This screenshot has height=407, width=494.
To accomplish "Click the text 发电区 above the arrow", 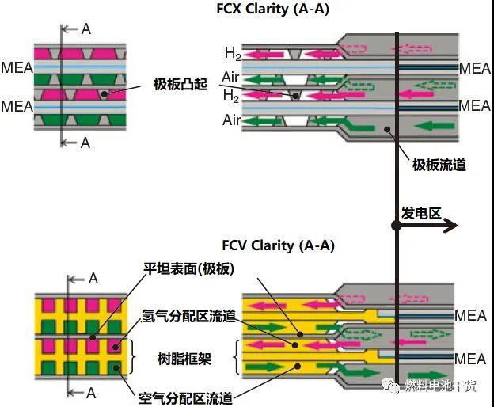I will (x=420, y=213).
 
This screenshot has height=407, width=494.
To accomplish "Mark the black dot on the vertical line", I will (x=397, y=226).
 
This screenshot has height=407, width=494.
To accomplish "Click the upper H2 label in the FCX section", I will (x=232, y=54).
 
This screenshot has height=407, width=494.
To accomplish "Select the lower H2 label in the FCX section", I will (x=231, y=95).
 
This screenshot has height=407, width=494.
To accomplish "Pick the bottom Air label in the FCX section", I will (x=231, y=120).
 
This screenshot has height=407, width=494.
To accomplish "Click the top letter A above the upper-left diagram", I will (x=86, y=29).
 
